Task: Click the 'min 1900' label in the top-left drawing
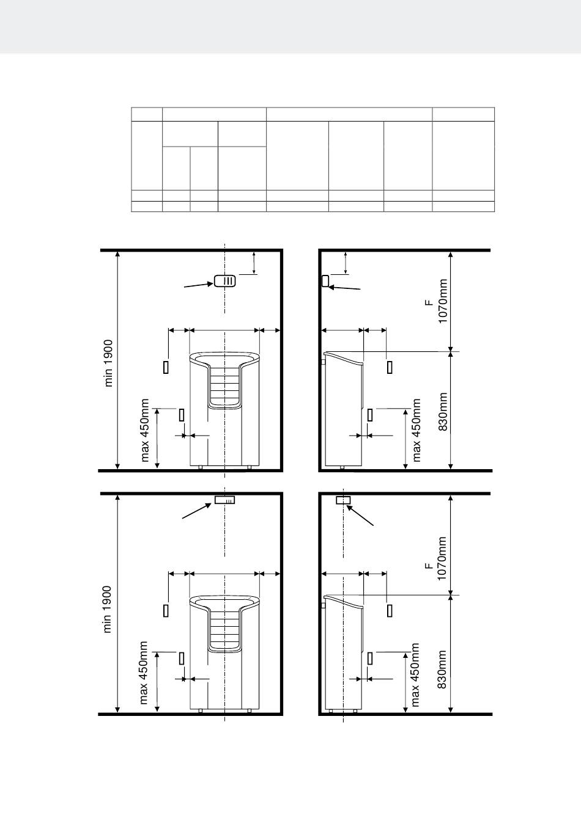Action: click(x=109, y=363)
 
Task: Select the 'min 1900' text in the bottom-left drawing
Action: click(x=107, y=609)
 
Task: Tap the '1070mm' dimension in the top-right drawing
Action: click(x=443, y=301)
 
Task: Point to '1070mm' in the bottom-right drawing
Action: click(x=442, y=558)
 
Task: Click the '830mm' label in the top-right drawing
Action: click(x=443, y=412)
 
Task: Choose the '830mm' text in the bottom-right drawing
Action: click(x=442, y=670)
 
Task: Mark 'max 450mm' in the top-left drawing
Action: click(x=144, y=429)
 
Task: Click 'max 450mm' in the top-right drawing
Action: click(x=416, y=429)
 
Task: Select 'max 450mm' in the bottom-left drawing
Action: click(x=144, y=673)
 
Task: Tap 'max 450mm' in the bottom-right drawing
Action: click(x=415, y=674)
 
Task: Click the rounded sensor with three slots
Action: click(x=224, y=281)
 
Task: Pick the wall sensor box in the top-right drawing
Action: click(x=325, y=281)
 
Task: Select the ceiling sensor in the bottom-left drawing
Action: click(x=224, y=500)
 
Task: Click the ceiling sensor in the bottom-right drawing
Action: click(x=343, y=500)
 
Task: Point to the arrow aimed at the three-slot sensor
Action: click(x=199, y=285)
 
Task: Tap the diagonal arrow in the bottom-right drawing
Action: click(x=360, y=516)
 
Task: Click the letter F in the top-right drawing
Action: click(x=429, y=303)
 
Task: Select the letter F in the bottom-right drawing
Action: click(x=428, y=566)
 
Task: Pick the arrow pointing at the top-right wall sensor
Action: click(x=345, y=288)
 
